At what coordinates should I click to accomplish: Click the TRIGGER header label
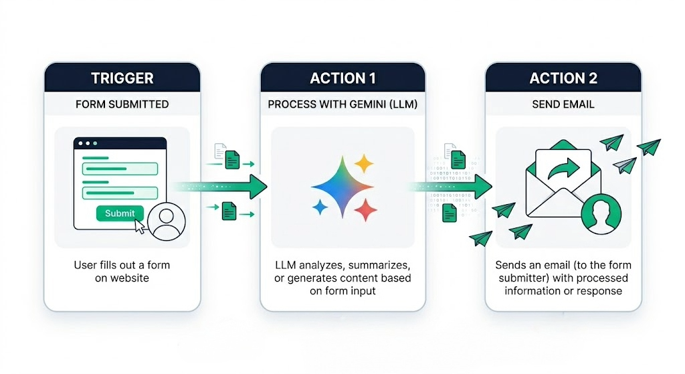[122, 78]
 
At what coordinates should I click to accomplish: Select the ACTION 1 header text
[342, 78]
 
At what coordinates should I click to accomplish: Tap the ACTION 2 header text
[563, 78]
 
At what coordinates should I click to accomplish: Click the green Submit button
[120, 213]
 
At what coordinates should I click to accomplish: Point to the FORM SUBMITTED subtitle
[122, 104]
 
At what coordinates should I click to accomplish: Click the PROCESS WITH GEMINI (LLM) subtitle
[342, 104]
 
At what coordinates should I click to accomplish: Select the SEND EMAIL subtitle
[563, 104]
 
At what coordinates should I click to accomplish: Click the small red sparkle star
[365, 211]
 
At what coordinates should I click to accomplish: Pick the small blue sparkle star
[320, 207]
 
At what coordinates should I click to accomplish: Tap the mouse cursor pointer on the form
[140, 225]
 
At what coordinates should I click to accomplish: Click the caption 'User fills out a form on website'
[122, 271]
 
